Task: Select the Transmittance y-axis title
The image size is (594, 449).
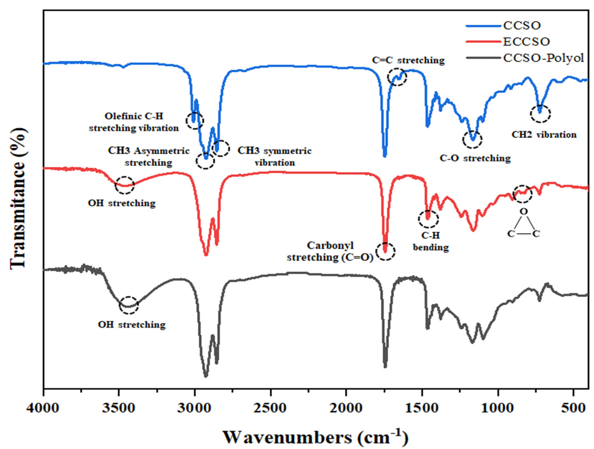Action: [x=18, y=199]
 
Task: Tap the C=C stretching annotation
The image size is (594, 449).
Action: [x=408, y=60]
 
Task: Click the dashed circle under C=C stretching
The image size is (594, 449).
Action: [x=397, y=77]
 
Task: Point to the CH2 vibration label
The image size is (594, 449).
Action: [x=544, y=135]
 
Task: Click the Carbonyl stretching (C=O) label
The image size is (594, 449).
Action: [x=330, y=252]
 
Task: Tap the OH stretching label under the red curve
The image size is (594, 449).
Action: [x=122, y=203]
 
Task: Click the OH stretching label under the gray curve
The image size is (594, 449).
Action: [x=132, y=324]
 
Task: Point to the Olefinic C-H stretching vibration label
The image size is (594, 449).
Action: [x=134, y=122]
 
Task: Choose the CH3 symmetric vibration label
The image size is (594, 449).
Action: [x=274, y=156]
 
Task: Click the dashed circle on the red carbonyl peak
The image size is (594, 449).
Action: [x=385, y=252]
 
